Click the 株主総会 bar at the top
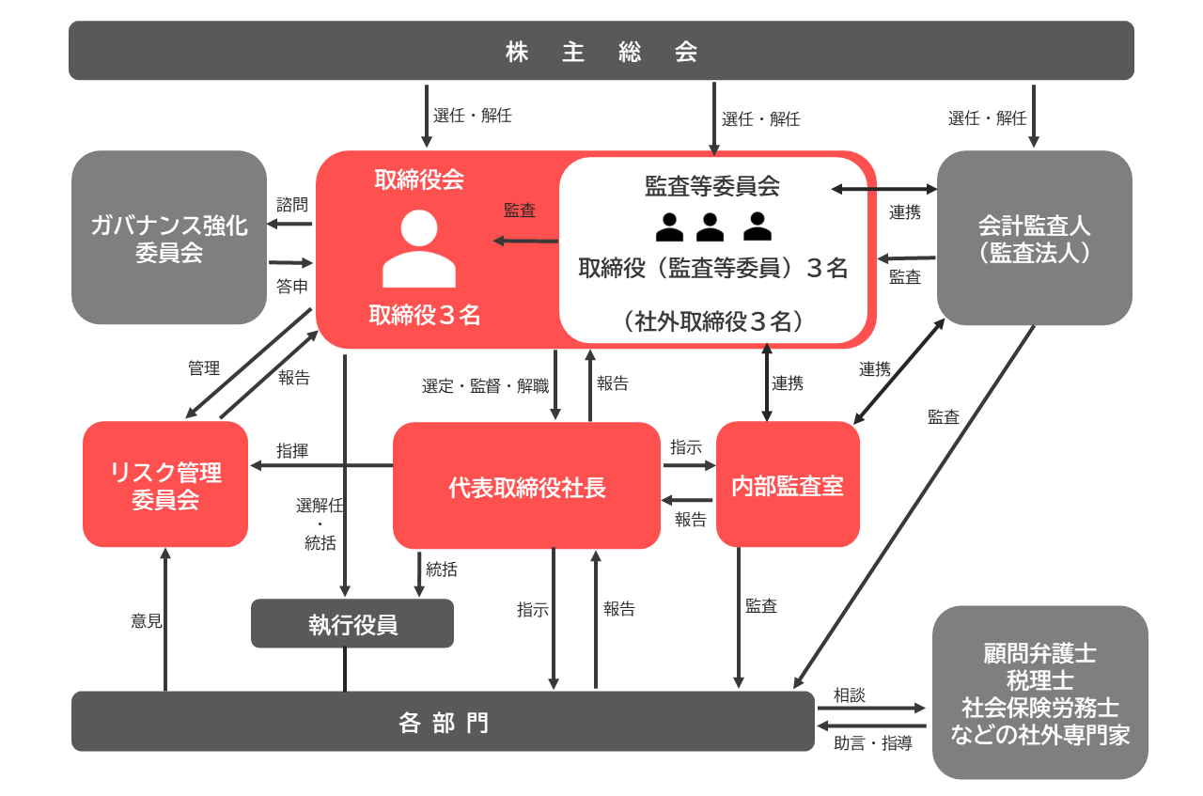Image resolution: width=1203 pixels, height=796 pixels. pyautogui.click(x=601, y=51)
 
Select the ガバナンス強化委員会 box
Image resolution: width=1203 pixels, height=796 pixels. pyautogui.click(x=169, y=238)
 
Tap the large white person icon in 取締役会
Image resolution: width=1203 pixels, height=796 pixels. pyautogui.click(x=419, y=248)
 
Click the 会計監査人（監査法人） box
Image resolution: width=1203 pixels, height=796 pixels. pyautogui.click(x=1034, y=238)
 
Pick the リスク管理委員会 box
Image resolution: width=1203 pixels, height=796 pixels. pyautogui.click(x=165, y=485)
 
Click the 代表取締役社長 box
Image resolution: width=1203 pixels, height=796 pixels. pyautogui.click(x=526, y=486)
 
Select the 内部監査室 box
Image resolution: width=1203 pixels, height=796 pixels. pyautogui.click(x=788, y=485)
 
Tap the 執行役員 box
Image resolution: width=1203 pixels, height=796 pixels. pyautogui.click(x=352, y=624)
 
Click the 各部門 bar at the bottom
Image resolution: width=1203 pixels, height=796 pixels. pyautogui.click(x=443, y=722)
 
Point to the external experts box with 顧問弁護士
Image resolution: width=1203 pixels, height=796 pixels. pyautogui.click(x=1039, y=693)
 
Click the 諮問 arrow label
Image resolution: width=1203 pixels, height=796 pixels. pyautogui.click(x=291, y=203)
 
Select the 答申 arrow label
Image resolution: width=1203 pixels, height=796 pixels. pyautogui.click(x=291, y=287)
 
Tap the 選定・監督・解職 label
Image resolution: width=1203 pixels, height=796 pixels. pyautogui.click(x=485, y=385)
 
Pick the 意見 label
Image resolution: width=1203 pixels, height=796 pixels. pyautogui.click(x=147, y=621)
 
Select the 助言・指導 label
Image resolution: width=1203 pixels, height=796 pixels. pyautogui.click(x=873, y=743)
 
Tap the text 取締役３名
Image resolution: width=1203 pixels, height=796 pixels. pyautogui.click(x=424, y=316)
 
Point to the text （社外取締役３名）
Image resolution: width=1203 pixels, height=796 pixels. pyautogui.click(x=713, y=321)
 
